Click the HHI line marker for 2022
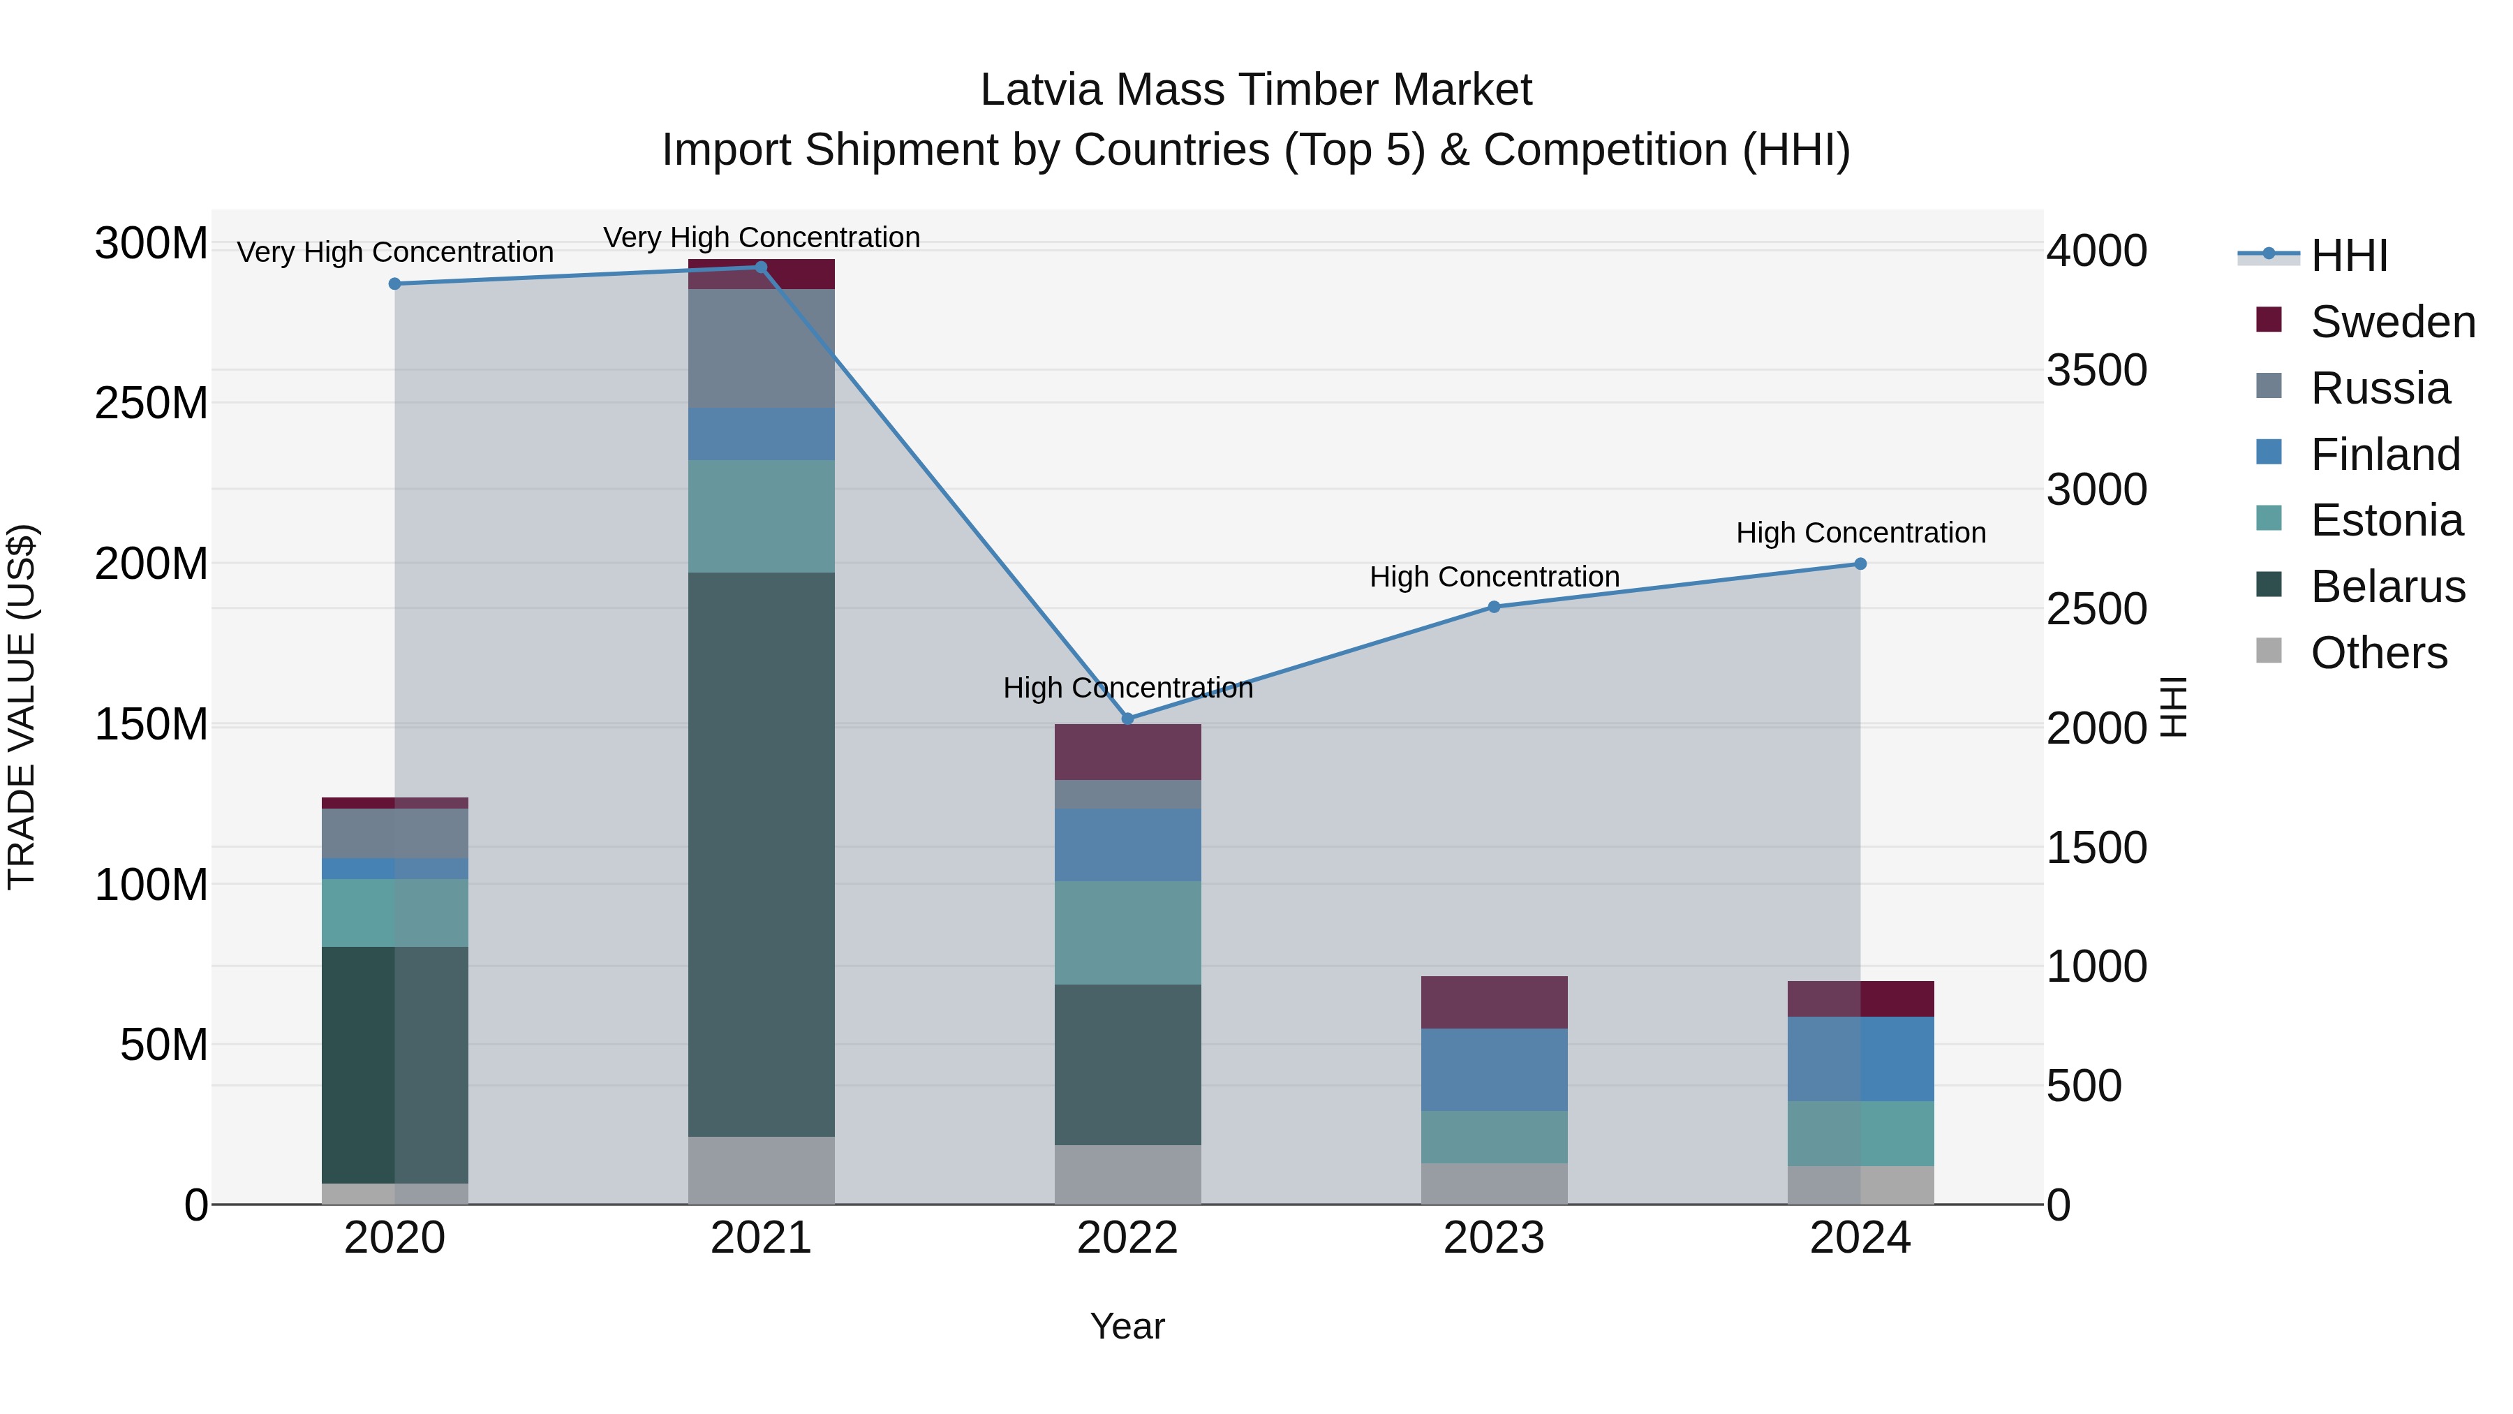point(1128,719)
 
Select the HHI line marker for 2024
point(1860,564)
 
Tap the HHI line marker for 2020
point(395,284)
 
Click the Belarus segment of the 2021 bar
point(761,854)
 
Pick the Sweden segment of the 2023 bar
point(1494,1002)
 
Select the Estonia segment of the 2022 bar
point(1128,933)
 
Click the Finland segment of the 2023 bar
point(1494,1070)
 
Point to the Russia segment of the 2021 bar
point(761,348)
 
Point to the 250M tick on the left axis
point(151,403)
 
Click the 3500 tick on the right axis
point(2096,370)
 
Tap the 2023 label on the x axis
point(1494,1238)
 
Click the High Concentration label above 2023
point(1494,577)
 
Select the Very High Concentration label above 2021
point(761,237)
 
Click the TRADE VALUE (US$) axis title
point(22,707)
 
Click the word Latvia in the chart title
point(1041,90)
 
